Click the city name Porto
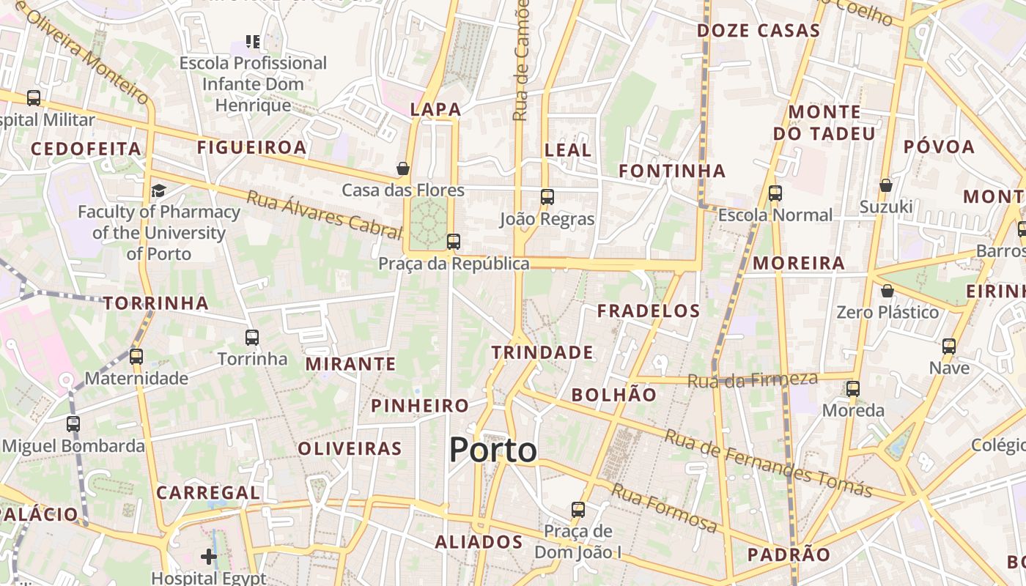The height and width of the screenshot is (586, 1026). pos(492,450)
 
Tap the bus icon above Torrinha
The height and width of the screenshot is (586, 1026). pos(252,338)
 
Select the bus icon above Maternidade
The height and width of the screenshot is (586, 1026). pos(136,357)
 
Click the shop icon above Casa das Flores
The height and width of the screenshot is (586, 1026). pos(403,168)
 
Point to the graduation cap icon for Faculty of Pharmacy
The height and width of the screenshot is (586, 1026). pos(158,191)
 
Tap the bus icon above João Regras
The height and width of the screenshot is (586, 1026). pos(547,196)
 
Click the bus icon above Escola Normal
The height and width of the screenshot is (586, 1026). pos(775,193)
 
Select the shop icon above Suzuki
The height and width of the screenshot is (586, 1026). pos(886,185)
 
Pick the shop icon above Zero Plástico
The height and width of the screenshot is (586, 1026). pos(887,291)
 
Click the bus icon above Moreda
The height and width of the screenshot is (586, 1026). pos(853,388)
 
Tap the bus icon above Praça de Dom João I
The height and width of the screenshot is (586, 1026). pos(578,509)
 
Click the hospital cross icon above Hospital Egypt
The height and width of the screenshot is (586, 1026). pos(209,557)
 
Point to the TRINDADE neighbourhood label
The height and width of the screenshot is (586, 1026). pos(542,352)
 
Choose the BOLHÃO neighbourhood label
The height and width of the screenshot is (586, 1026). pos(614,395)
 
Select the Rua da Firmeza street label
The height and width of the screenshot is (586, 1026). pos(752,379)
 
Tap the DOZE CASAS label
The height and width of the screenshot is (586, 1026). pos(758,31)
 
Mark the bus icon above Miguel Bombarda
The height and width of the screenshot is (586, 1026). pos(73,423)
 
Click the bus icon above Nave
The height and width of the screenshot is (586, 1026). pos(949,346)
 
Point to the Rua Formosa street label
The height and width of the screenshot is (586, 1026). pos(664,508)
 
